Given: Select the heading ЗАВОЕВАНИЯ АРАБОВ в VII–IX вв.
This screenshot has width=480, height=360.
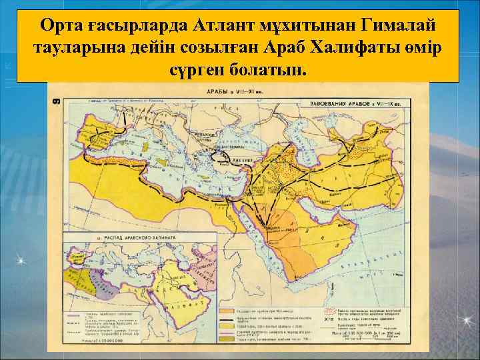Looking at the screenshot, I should [x=356, y=104].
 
